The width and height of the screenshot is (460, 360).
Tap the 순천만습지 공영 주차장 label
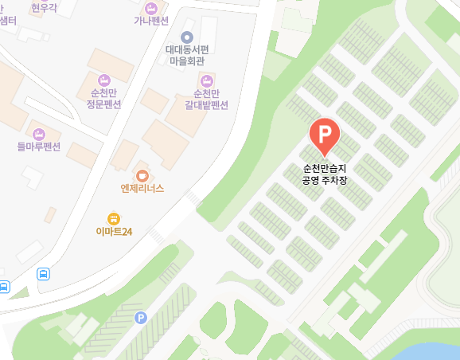click(325, 174)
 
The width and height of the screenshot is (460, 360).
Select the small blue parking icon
click(141, 317)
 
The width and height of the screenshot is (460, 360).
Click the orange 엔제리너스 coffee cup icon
click(142, 175)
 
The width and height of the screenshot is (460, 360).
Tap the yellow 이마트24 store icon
click(114, 218)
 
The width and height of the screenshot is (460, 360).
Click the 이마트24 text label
click(115, 232)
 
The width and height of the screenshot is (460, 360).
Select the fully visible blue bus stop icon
click(43, 274)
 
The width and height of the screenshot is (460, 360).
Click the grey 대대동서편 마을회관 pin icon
click(187, 37)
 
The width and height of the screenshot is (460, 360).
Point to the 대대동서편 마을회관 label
click(187, 55)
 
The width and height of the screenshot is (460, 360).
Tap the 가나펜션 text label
click(151, 21)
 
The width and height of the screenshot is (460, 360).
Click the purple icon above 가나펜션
click(151, 6)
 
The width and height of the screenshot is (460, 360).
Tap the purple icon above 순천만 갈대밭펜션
click(207, 80)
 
